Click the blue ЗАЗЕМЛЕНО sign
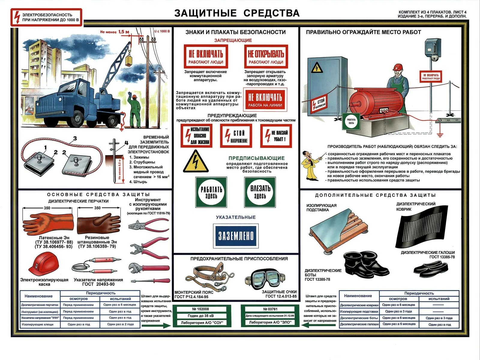tap(235, 236)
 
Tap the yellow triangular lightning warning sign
tap(196, 162)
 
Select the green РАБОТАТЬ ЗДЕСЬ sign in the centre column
tap(211, 192)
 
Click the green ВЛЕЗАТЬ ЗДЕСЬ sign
tap(260, 192)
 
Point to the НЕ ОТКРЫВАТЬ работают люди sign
tap(266, 57)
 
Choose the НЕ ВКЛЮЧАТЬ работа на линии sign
tap(265, 100)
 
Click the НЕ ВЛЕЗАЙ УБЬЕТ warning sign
tap(276, 136)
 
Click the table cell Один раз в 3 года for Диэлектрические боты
tap(439, 318)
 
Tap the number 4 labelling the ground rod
tap(126, 142)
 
